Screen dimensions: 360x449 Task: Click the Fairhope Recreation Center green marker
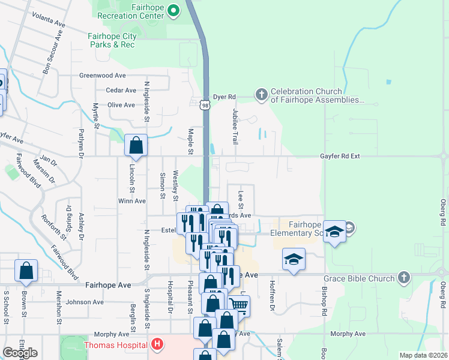(174, 10)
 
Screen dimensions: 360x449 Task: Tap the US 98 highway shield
(205, 105)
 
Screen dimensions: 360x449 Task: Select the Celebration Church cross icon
(261, 94)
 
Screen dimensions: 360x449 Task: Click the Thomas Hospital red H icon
(157, 344)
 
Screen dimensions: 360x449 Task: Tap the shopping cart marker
(239, 305)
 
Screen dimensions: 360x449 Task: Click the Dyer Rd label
(224, 96)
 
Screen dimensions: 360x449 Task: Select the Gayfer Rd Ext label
(339, 156)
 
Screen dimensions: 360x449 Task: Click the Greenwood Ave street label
(103, 76)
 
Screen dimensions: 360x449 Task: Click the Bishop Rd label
(324, 302)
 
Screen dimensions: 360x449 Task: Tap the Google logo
(20, 353)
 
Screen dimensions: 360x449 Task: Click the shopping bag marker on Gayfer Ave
(136, 146)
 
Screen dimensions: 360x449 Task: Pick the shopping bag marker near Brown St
(26, 271)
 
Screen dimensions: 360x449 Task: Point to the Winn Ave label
(132, 201)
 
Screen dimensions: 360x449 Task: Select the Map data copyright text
(423, 355)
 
